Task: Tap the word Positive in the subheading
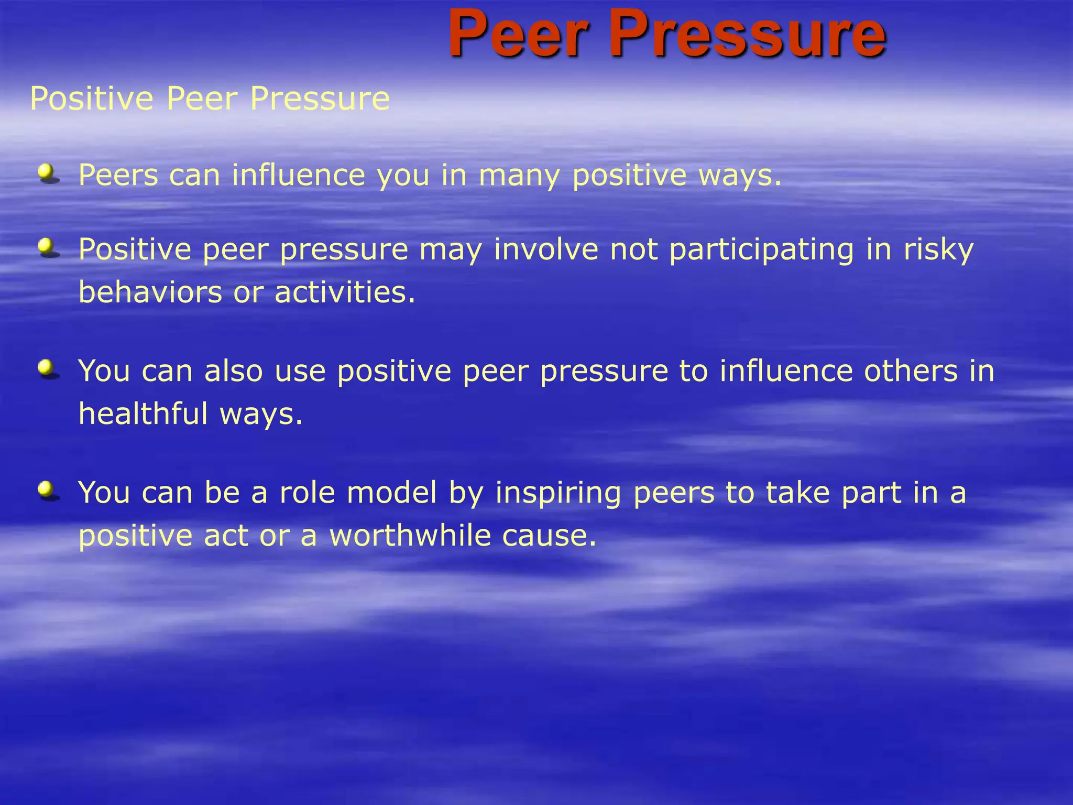point(92,99)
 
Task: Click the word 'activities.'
point(345,292)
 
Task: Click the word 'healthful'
point(143,414)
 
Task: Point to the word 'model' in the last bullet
point(391,493)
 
